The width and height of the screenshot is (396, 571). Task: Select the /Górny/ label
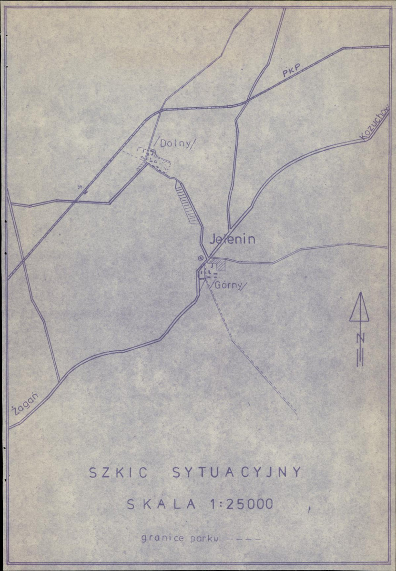[230, 285]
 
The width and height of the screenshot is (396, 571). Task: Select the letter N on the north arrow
[360, 339]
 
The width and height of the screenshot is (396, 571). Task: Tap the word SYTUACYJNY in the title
[236, 472]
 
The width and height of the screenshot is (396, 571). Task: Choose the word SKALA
[161, 504]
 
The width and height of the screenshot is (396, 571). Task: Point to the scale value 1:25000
[242, 504]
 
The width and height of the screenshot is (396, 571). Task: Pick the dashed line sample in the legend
[242, 539]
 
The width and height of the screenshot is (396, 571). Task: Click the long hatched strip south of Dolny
[187, 203]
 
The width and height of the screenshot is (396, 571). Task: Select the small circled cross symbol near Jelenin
[200, 257]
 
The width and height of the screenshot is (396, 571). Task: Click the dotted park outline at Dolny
[155, 161]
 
